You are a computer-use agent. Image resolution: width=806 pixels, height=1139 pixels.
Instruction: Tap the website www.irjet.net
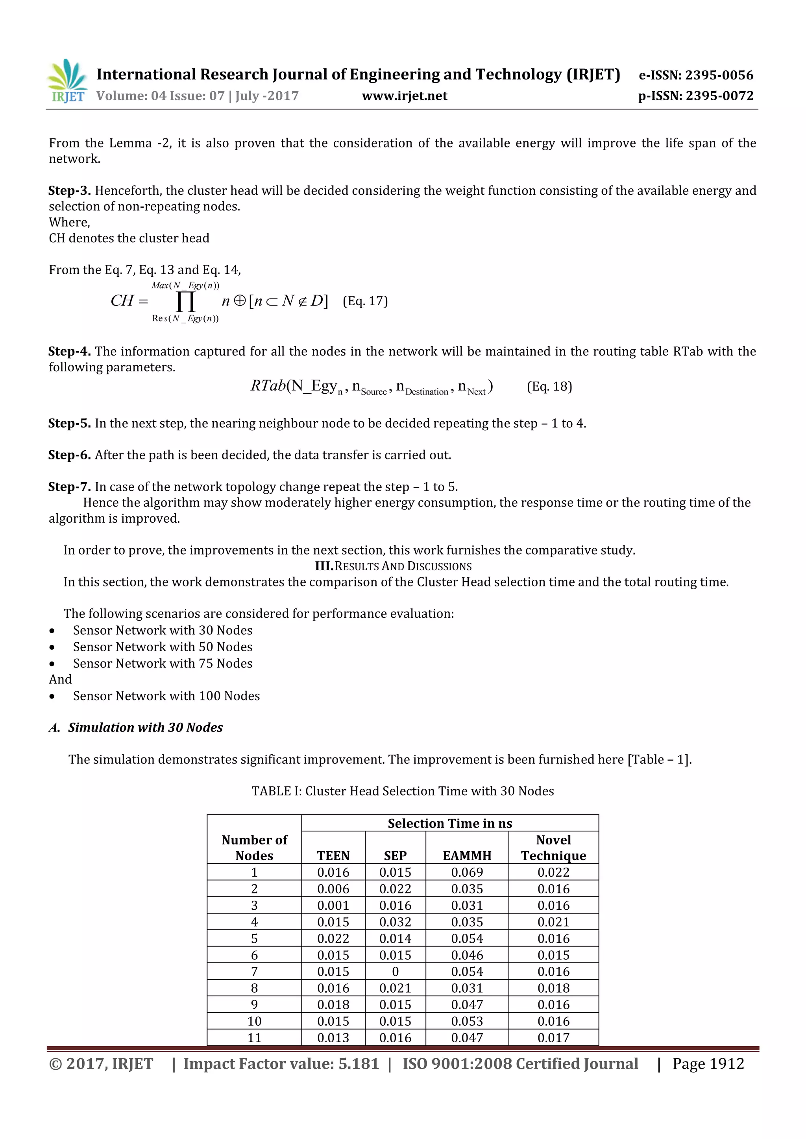click(x=405, y=96)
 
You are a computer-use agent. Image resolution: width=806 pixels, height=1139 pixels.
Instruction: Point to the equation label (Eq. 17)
click(x=365, y=301)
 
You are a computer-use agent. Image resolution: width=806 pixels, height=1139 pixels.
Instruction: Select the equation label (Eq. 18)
click(x=549, y=387)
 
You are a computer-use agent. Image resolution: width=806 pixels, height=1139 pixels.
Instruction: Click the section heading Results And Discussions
click(x=393, y=566)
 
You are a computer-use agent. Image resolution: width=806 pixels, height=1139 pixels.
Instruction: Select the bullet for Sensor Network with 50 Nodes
click(x=52, y=647)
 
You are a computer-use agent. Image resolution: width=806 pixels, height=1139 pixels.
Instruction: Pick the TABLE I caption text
click(x=403, y=791)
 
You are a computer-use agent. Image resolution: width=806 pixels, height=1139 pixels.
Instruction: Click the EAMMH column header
click(x=467, y=855)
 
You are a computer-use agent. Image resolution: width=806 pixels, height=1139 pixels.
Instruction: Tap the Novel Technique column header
click(x=553, y=848)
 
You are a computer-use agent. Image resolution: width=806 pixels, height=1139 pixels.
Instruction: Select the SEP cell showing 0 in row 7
click(x=395, y=971)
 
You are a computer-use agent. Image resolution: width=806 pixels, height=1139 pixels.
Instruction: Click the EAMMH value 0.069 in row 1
click(x=467, y=872)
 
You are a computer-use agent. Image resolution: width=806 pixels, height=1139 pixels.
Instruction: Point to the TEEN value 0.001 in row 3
click(x=333, y=905)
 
